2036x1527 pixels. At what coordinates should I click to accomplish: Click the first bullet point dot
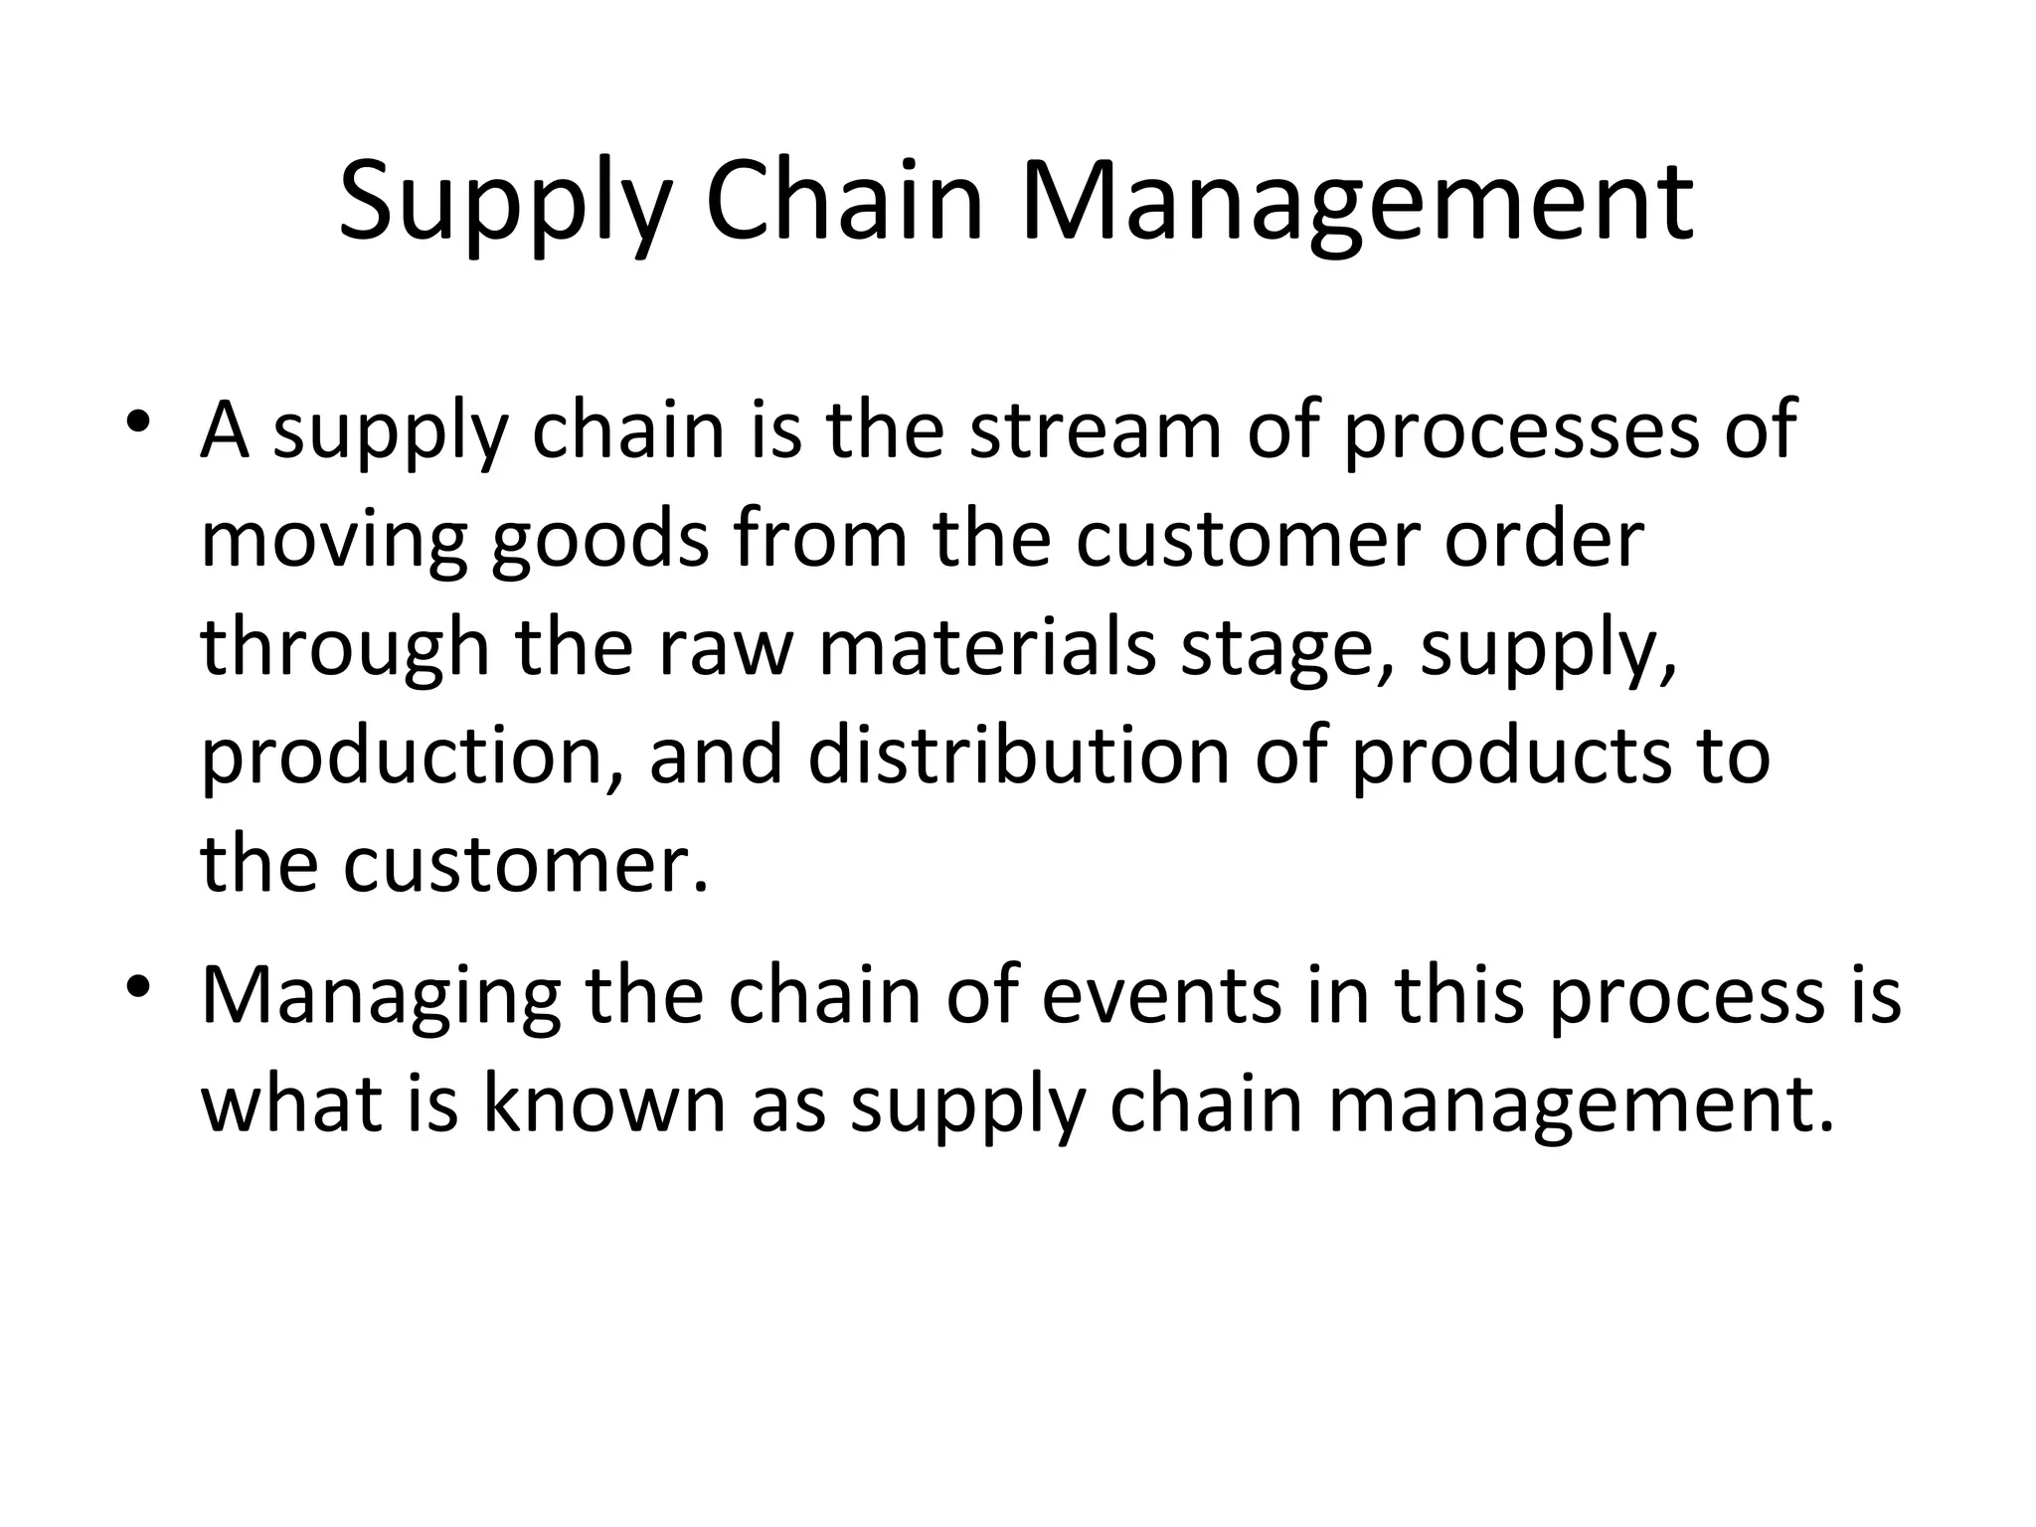tap(139, 423)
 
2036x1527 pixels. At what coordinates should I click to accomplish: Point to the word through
tap(346, 648)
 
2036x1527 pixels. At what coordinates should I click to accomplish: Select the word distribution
tap(1019, 757)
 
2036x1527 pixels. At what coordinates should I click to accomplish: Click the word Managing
tap(382, 997)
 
